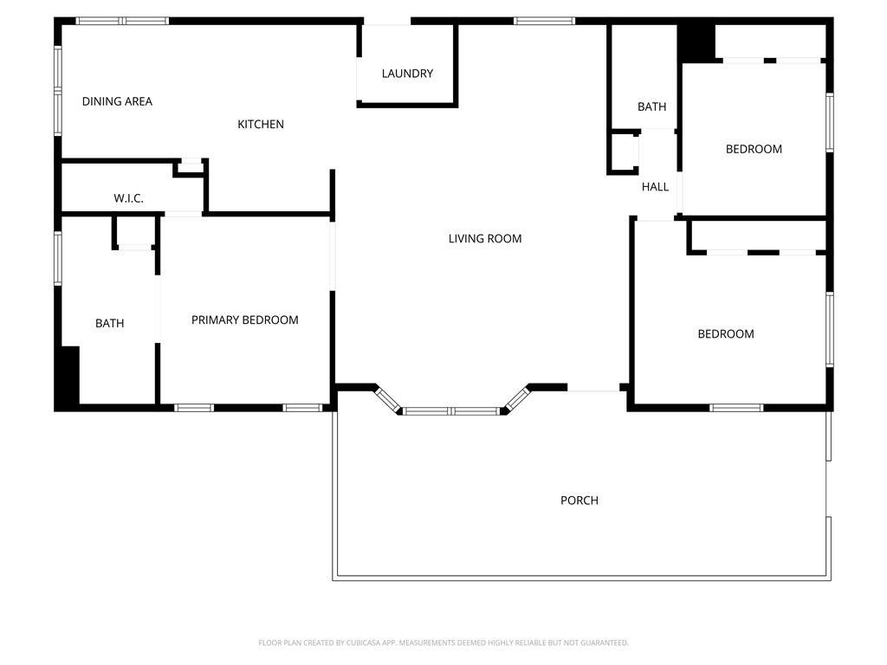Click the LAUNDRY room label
click(x=407, y=74)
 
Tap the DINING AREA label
click(x=117, y=102)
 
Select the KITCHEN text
click(x=261, y=125)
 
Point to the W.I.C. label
click(x=128, y=198)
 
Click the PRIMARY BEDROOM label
click(x=245, y=320)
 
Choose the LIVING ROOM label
click(x=485, y=239)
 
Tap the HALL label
click(x=655, y=187)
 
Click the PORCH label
click(x=579, y=500)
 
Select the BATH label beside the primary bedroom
click(x=110, y=324)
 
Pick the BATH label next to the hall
click(x=651, y=107)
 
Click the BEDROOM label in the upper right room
click(x=754, y=149)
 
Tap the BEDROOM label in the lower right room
click(x=726, y=334)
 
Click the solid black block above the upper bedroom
click(x=696, y=43)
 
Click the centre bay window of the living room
click(x=451, y=411)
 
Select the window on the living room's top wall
click(x=544, y=21)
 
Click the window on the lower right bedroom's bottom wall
click(x=736, y=408)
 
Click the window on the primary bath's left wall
click(x=58, y=257)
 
